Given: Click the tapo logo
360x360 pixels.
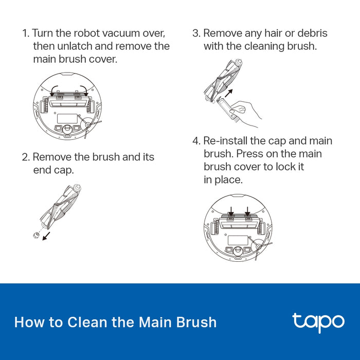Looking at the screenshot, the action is pyautogui.click(x=318, y=322).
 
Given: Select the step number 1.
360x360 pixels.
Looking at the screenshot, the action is pyautogui.click(x=26, y=33).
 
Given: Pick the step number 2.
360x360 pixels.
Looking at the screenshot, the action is pyautogui.click(x=26, y=157).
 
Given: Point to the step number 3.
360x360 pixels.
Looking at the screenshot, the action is pyautogui.click(x=196, y=33).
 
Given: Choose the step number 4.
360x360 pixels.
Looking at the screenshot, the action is pyautogui.click(x=196, y=141).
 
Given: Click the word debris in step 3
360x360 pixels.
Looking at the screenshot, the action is pyautogui.click(x=312, y=33).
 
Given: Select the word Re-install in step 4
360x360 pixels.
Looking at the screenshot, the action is pyautogui.click(x=226, y=141).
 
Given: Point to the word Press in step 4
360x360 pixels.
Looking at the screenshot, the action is pyautogui.click(x=249, y=154).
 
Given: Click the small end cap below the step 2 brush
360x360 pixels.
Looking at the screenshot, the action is pyautogui.click(x=36, y=235).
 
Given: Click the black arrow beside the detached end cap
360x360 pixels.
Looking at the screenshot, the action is pyautogui.click(x=46, y=236).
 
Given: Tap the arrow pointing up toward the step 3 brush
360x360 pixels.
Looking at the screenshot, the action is pyautogui.click(x=228, y=93).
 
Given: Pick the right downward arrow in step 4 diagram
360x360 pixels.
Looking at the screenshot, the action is pyautogui.click(x=247, y=211).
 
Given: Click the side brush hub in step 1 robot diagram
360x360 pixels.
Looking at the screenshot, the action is pyautogui.click(x=88, y=124).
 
